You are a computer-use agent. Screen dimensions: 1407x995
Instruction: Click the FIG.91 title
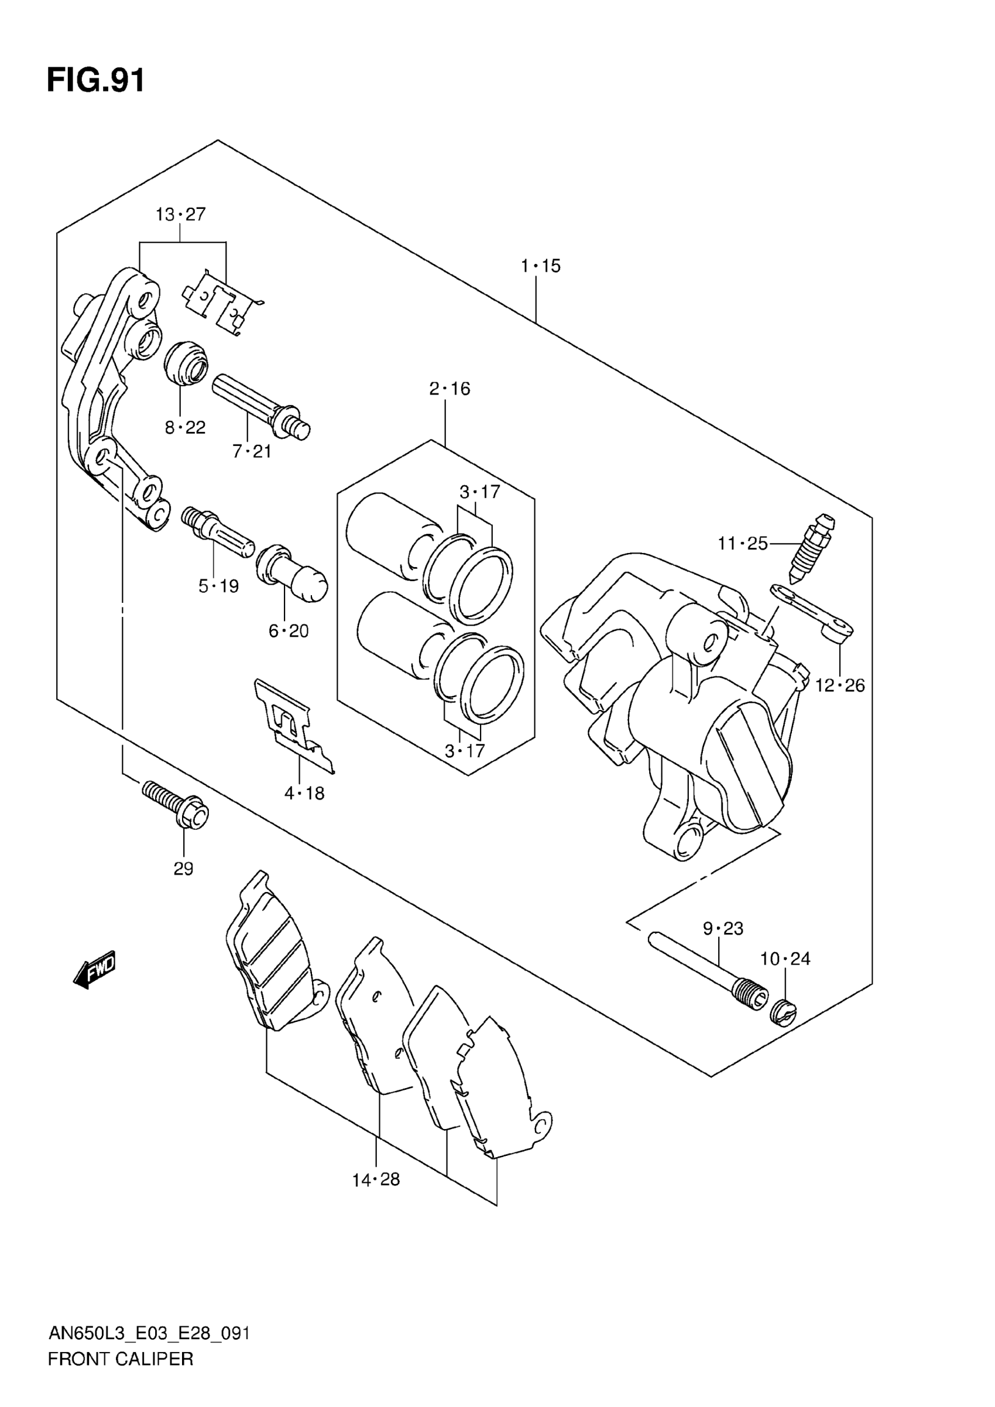click(x=96, y=80)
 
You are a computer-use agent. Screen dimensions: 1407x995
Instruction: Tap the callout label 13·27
click(x=180, y=214)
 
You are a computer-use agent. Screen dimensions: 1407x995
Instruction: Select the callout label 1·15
click(x=540, y=266)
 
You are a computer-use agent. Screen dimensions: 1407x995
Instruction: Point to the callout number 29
click(x=183, y=869)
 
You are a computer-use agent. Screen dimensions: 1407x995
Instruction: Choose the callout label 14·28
click(x=376, y=1180)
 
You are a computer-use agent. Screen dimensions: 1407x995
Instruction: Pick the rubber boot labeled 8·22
click(x=186, y=364)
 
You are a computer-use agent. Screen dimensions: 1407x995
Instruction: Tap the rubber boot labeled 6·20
click(x=291, y=572)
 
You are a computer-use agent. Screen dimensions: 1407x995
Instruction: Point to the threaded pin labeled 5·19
click(x=217, y=531)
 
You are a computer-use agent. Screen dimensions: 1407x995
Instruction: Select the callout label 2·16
click(x=450, y=389)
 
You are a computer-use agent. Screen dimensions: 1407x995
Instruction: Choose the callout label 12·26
click(x=839, y=685)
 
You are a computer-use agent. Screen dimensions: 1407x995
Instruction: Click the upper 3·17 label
click(x=480, y=492)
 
